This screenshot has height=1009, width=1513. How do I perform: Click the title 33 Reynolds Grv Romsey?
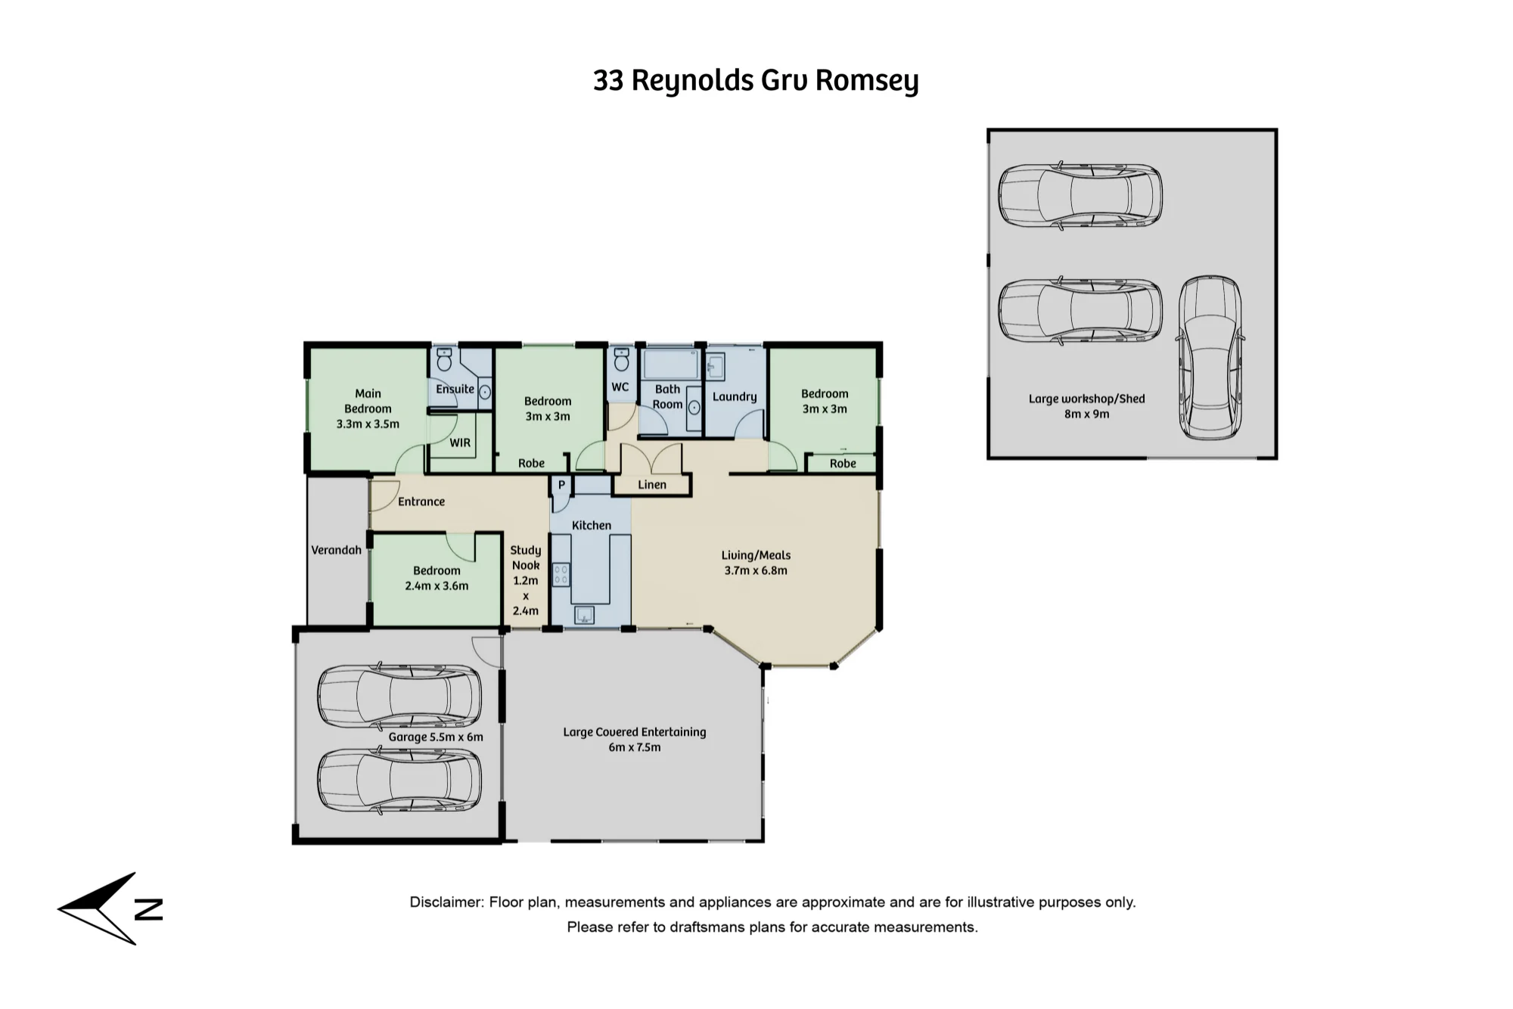coord(756,80)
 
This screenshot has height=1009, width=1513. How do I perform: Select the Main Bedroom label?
coord(368,401)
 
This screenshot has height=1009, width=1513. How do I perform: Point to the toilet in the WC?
coord(622,360)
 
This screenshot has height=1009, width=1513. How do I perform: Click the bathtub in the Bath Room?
coord(670,364)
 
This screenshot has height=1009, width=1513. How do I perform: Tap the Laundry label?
coord(735,396)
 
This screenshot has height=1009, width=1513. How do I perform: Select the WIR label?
coord(460,442)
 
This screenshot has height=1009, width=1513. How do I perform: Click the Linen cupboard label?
coord(652,485)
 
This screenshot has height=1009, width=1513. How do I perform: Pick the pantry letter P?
coord(561,485)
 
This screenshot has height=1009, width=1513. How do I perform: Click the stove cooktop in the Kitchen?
coord(561,574)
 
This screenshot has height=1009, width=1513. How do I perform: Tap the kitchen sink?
coord(584,615)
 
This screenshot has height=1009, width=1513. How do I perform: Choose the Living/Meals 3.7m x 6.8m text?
coord(756,563)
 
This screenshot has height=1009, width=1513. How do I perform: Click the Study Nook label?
coord(526,557)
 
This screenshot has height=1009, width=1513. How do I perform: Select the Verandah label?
coord(336,550)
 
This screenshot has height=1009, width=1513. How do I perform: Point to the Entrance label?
coord(421,501)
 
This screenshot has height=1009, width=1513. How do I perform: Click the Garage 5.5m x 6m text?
coord(436,737)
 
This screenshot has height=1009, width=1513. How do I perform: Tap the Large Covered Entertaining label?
coord(635,732)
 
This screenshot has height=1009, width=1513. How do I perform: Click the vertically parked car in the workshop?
coord(1210,358)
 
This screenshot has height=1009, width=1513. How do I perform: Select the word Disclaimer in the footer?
coord(445,902)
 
